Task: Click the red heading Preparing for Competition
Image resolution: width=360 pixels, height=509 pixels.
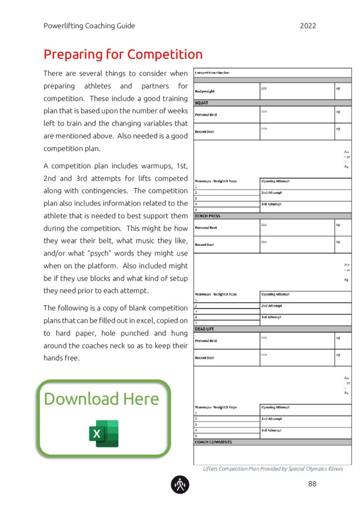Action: [123, 54]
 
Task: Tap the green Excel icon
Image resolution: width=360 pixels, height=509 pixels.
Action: [103, 433]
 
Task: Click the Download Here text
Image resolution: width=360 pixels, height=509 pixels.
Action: [101, 399]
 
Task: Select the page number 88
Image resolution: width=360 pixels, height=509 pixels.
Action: [312, 484]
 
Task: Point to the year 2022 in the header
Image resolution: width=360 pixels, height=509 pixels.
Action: [308, 26]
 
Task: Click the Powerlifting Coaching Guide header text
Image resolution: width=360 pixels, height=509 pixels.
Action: [89, 26]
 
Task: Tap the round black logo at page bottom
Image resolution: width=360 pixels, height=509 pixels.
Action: [180, 484]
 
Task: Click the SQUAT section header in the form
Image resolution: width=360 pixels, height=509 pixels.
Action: [201, 103]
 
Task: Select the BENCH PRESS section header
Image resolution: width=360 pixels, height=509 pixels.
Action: [207, 216]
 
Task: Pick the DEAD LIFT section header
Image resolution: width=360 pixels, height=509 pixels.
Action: [204, 329]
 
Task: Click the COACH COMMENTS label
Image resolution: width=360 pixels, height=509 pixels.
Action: [213, 442]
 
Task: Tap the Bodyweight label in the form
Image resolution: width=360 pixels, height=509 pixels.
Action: [205, 91]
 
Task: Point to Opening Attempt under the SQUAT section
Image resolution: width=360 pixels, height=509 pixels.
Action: [275, 181]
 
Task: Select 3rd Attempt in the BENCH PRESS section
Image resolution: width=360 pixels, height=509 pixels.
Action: [271, 317]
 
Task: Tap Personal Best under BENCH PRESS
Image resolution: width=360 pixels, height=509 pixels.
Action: [206, 228]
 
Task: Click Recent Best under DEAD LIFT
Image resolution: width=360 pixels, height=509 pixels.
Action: [204, 358]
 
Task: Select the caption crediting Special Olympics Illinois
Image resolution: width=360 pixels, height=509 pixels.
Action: [273, 469]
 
